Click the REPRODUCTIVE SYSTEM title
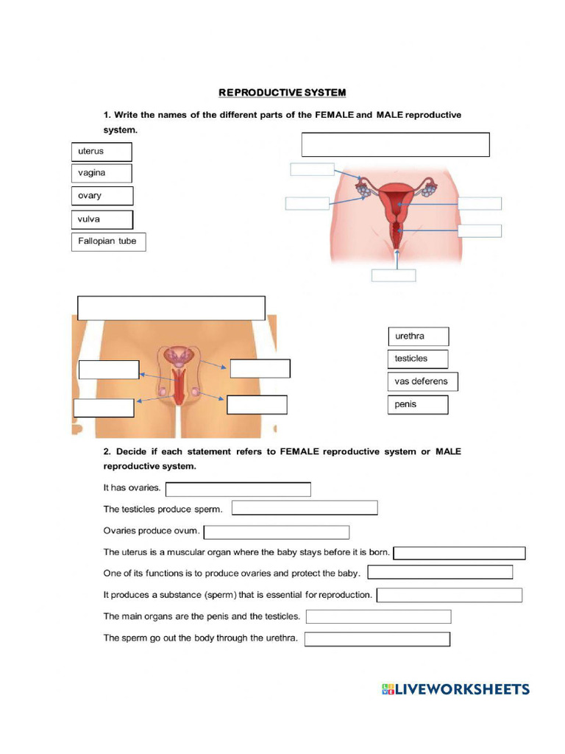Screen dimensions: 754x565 pyautogui.click(x=282, y=92)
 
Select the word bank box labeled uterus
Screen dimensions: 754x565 pyautogui.click(x=102, y=152)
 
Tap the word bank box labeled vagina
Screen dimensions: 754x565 pyautogui.click(x=102, y=173)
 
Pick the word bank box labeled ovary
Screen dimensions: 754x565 pyautogui.click(x=102, y=196)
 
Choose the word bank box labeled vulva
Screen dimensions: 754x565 pyautogui.click(x=102, y=219)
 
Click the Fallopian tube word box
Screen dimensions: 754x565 pyautogui.click(x=108, y=242)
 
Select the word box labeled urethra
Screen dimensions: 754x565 pyautogui.click(x=418, y=337)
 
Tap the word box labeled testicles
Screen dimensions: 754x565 pyautogui.click(x=418, y=359)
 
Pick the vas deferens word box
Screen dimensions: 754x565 pyautogui.click(x=422, y=381)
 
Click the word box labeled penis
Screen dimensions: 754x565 pyautogui.click(x=418, y=404)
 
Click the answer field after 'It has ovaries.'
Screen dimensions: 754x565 pyautogui.click(x=238, y=489)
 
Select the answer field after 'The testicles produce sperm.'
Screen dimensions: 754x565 pyautogui.click(x=305, y=507)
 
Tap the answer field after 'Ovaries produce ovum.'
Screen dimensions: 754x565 pyautogui.click(x=277, y=532)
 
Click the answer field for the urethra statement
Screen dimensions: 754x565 pyautogui.click(x=377, y=639)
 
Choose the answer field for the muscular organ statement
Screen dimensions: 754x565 pyautogui.click(x=460, y=553)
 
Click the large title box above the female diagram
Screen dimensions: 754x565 pyautogui.click(x=395, y=145)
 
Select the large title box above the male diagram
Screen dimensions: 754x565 pyautogui.click(x=171, y=308)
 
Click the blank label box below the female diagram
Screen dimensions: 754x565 pyautogui.click(x=394, y=275)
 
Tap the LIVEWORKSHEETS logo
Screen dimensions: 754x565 pyautogui.click(x=455, y=689)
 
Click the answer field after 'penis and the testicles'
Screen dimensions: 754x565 pyautogui.click(x=378, y=616)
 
